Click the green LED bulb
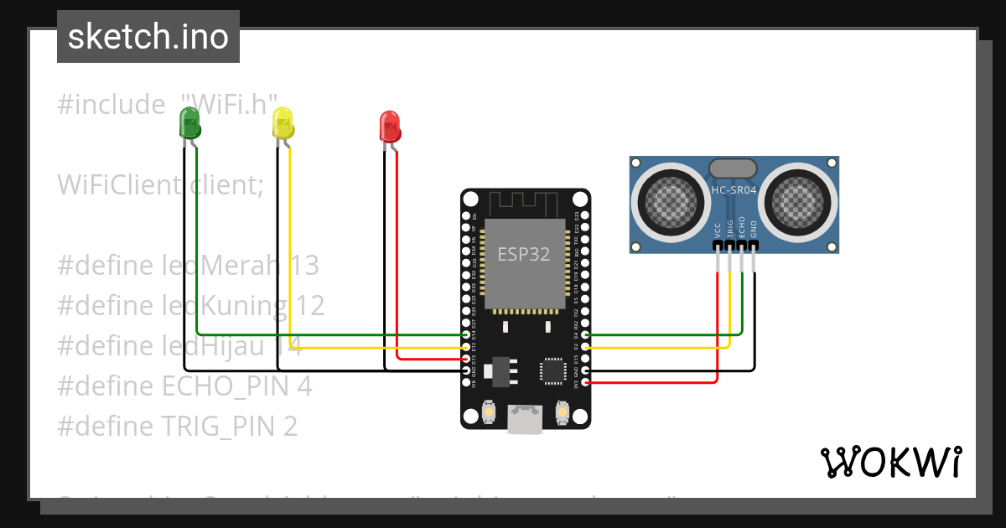coord(189,124)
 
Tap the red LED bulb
coord(389,126)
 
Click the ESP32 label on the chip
coord(524,255)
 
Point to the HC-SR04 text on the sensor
coord(734,190)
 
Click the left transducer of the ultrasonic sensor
coord(668,199)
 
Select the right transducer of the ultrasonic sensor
coord(800,199)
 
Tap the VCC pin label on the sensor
coord(718,230)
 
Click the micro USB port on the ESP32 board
coord(525,419)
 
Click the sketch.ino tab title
coord(148,37)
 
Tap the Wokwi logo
coord(890,462)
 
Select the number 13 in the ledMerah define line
coord(303,266)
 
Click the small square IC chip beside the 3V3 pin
coord(553,370)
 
